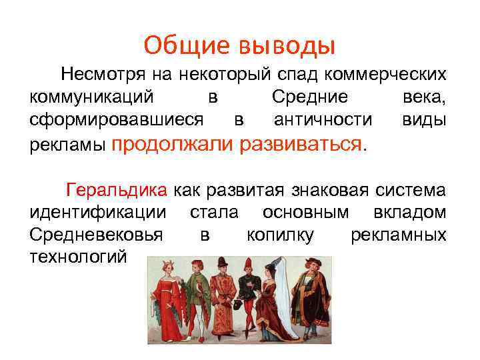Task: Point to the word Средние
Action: click(310, 97)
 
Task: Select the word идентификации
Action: click(98, 213)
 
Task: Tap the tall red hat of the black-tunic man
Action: click(248, 262)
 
